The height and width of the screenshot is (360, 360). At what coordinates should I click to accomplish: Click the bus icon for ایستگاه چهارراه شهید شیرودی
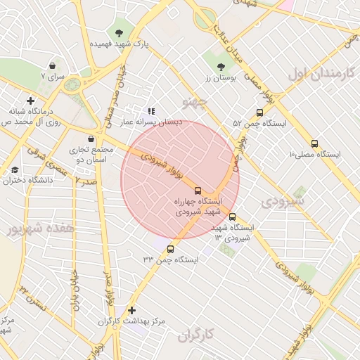click(x=198, y=191)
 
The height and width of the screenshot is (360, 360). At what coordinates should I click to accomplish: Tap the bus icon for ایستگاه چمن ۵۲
click(x=259, y=112)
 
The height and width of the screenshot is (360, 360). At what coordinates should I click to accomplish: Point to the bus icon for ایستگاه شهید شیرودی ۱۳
click(x=233, y=217)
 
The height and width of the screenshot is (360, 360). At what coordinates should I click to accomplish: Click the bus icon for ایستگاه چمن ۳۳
click(x=170, y=249)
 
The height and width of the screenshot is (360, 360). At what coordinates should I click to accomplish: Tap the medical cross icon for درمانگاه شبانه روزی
click(x=30, y=101)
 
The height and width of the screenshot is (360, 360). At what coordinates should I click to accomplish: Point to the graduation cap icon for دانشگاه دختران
click(x=15, y=170)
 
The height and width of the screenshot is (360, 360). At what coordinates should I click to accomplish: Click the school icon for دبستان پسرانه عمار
click(x=151, y=111)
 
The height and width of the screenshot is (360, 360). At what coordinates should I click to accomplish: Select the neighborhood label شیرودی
click(x=283, y=200)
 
